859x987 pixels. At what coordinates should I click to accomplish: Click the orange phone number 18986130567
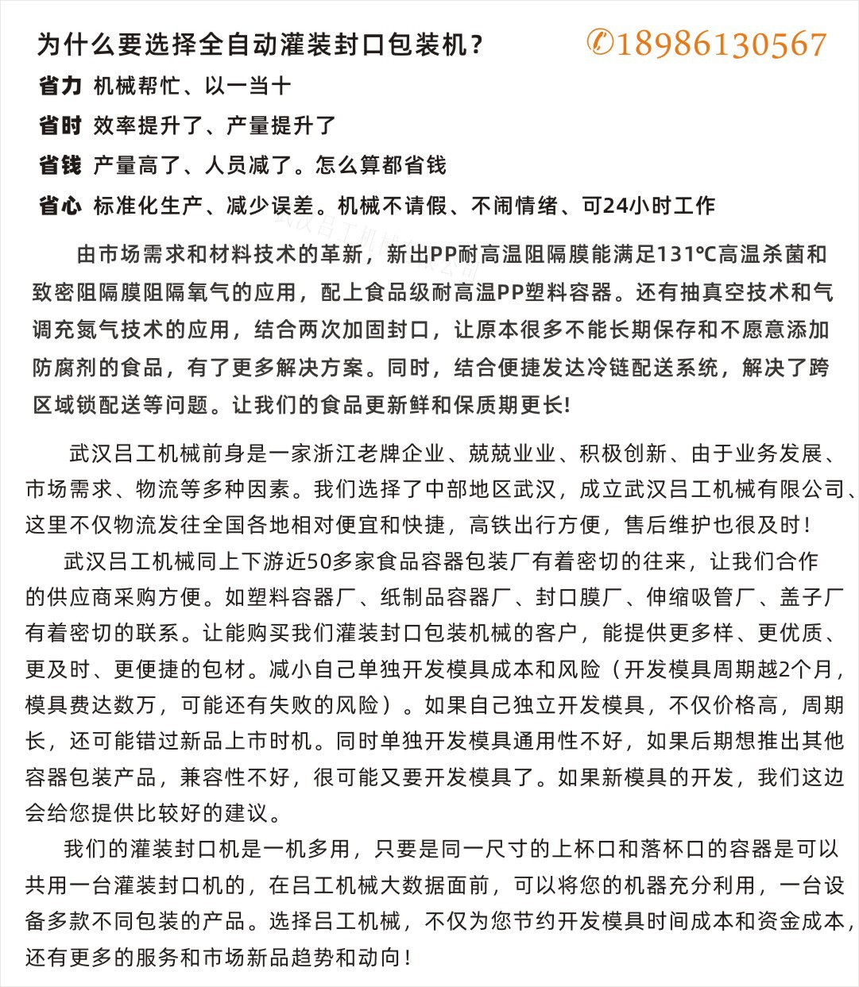pyautogui.click(x=722, y=44)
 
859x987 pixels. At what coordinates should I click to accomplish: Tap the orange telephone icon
pyautogui.click(x=600, y=43)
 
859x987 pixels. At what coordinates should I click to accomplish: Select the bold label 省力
pyautogui.click(x=60, y=86)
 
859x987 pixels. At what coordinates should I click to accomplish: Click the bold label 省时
pyautogui.click(x=60, y=125)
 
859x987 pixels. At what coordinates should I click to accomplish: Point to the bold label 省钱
pyautogui.click(x=60, y=165)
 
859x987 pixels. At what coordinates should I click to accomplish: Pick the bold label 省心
pyautogui.click(x=60, y=206)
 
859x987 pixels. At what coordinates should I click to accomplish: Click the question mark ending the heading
pyautogui.click(x=477, y=46)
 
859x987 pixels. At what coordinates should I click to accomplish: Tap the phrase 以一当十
pyautogui.click(x=248, y=86)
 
